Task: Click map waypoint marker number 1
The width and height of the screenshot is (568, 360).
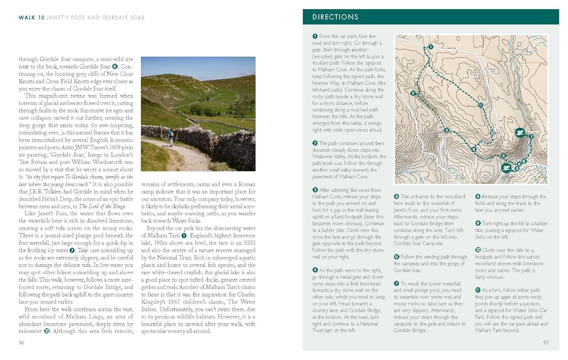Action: click(x=431, y=47)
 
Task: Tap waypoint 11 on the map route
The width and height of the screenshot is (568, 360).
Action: click(x=481, y=106)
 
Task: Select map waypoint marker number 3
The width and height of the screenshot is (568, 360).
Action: click(x=446, y=130)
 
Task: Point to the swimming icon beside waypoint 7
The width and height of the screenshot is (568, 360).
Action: click(x=520, y=133)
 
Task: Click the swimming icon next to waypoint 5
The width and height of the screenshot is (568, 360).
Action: click(x=506, y=168)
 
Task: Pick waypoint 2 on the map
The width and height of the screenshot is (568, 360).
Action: click(x=413, y=93)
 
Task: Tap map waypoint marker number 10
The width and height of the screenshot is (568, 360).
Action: click(x=492, y=133)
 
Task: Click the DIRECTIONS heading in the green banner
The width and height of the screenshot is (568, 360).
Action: click(x=335, y=17)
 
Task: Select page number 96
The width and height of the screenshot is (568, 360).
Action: click(x=22, y=343)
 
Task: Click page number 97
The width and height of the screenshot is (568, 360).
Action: click(x=546, y=343)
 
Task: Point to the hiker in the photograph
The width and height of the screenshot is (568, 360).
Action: click(x=171, y=136)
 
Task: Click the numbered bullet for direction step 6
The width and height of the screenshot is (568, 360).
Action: click(x=396, y=257)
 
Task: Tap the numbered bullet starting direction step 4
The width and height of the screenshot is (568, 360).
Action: click(x=315, y=270)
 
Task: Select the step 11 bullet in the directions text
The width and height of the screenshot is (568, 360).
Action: click(x=478, y=290)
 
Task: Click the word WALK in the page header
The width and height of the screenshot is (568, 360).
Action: click(x=27, y=17)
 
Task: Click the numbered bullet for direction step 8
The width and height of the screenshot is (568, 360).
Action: click(x=478, y=196)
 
